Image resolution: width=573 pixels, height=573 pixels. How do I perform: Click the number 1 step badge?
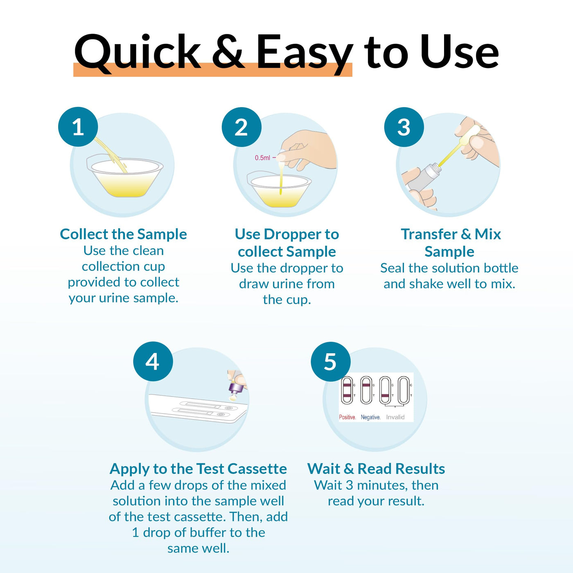pos(78,126)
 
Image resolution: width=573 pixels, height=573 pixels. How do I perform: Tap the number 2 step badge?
pos(241,127)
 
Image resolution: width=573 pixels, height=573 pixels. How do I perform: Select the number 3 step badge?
pos(404,127)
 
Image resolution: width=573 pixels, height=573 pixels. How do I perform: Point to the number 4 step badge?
pos(153,361)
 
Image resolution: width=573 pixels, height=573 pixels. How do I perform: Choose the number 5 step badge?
pos(330,361)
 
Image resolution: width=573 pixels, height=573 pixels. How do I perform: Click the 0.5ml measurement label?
pos(262,158)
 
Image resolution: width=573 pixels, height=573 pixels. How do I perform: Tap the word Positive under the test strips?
pos(347,417)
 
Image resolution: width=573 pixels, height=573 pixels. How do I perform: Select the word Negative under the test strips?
pos(370,417)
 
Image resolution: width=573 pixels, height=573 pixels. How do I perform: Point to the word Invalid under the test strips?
pos(395,417)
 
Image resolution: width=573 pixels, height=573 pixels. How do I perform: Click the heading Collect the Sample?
pos(124,234)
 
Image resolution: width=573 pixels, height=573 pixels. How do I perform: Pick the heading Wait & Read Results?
pos(376,469)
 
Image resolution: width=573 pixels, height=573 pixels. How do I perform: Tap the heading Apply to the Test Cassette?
pos(198,469)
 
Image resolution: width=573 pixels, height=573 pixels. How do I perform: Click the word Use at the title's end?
pos(460,52)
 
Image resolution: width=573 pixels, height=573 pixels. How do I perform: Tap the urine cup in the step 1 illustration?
pos(124,177)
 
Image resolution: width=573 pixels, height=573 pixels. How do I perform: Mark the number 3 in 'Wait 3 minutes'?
pos(349,485)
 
